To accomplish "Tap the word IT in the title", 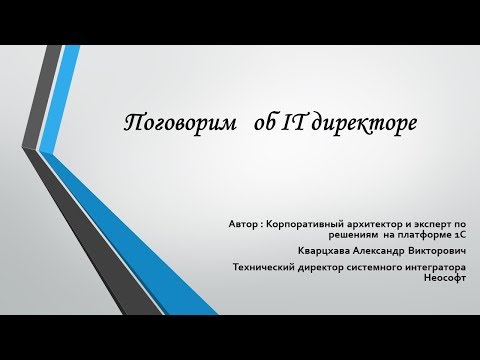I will click(272, 124).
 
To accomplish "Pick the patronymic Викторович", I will click(443, 251).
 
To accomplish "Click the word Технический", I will click(264, 267).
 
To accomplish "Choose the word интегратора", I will click(441, 267).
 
